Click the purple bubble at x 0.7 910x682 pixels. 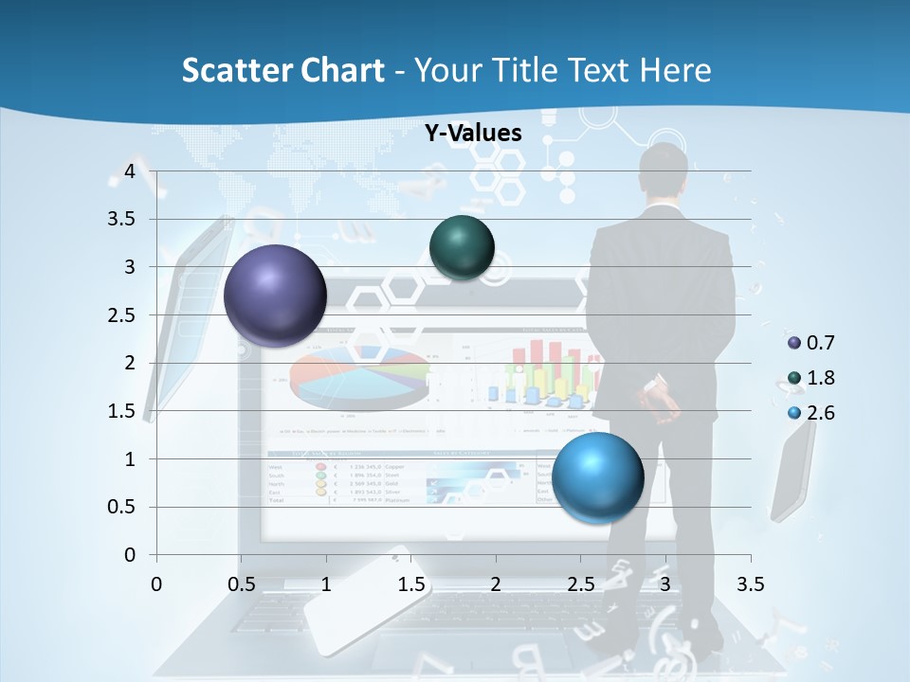point(275,296)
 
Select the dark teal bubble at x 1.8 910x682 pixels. point(462,247)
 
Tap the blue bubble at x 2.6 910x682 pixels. point(597,477)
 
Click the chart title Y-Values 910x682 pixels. point(473,134)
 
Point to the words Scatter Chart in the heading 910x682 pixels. point(282,69)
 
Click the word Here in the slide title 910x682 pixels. point(674,69)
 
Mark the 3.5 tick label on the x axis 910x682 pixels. point(751,583)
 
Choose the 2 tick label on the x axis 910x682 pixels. point(496,583)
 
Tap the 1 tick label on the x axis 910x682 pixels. point(326,583)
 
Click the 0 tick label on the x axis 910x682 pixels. point(157,583)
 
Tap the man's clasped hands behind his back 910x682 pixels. point(664,402)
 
